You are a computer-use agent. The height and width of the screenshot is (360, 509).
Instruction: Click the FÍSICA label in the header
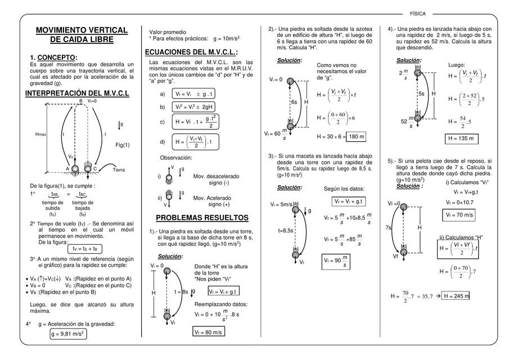click(x=417, y=13)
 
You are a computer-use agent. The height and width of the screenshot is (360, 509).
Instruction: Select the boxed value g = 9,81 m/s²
click(x=67, y=334)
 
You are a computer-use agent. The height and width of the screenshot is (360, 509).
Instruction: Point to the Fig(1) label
click(x=123, y=145)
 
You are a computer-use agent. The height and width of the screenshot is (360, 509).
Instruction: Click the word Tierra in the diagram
click(x=119, y=170)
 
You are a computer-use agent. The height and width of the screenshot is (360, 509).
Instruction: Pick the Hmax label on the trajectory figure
click(x=40, y=134)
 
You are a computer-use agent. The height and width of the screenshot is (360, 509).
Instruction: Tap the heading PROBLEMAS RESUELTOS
click(x=201, y=218)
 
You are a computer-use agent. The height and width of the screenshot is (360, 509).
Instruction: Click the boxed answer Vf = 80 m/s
click(x=208, y=332)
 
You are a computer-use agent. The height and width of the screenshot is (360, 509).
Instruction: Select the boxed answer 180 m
click(x=355, y=137)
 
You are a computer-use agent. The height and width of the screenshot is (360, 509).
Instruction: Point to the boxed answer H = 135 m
click(x=460, y=138)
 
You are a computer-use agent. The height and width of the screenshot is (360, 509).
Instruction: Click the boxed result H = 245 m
click(x=456, y=296)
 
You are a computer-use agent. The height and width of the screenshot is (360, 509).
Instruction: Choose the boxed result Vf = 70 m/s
click(x=460, y=215)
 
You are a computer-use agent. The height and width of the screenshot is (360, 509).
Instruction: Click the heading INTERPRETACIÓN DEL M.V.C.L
click(x=77, y=93)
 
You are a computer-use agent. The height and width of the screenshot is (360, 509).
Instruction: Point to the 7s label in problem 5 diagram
click(x=388, y=228)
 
